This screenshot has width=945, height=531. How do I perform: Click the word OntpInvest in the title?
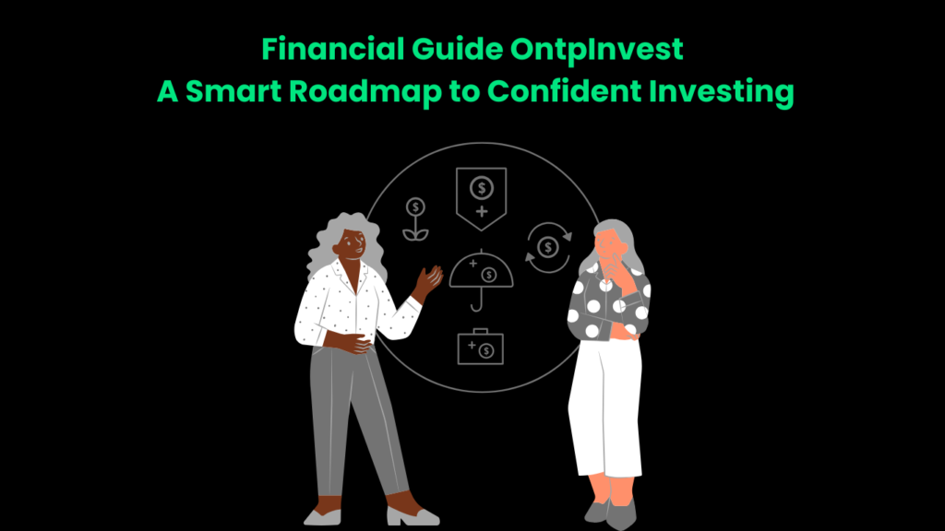[x=598, y=50]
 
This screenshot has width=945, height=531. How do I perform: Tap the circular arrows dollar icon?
[x=548, y=246]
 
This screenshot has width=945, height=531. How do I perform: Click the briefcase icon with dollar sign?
[x=480, y=347]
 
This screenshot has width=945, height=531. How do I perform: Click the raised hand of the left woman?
[x=426, y=281]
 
